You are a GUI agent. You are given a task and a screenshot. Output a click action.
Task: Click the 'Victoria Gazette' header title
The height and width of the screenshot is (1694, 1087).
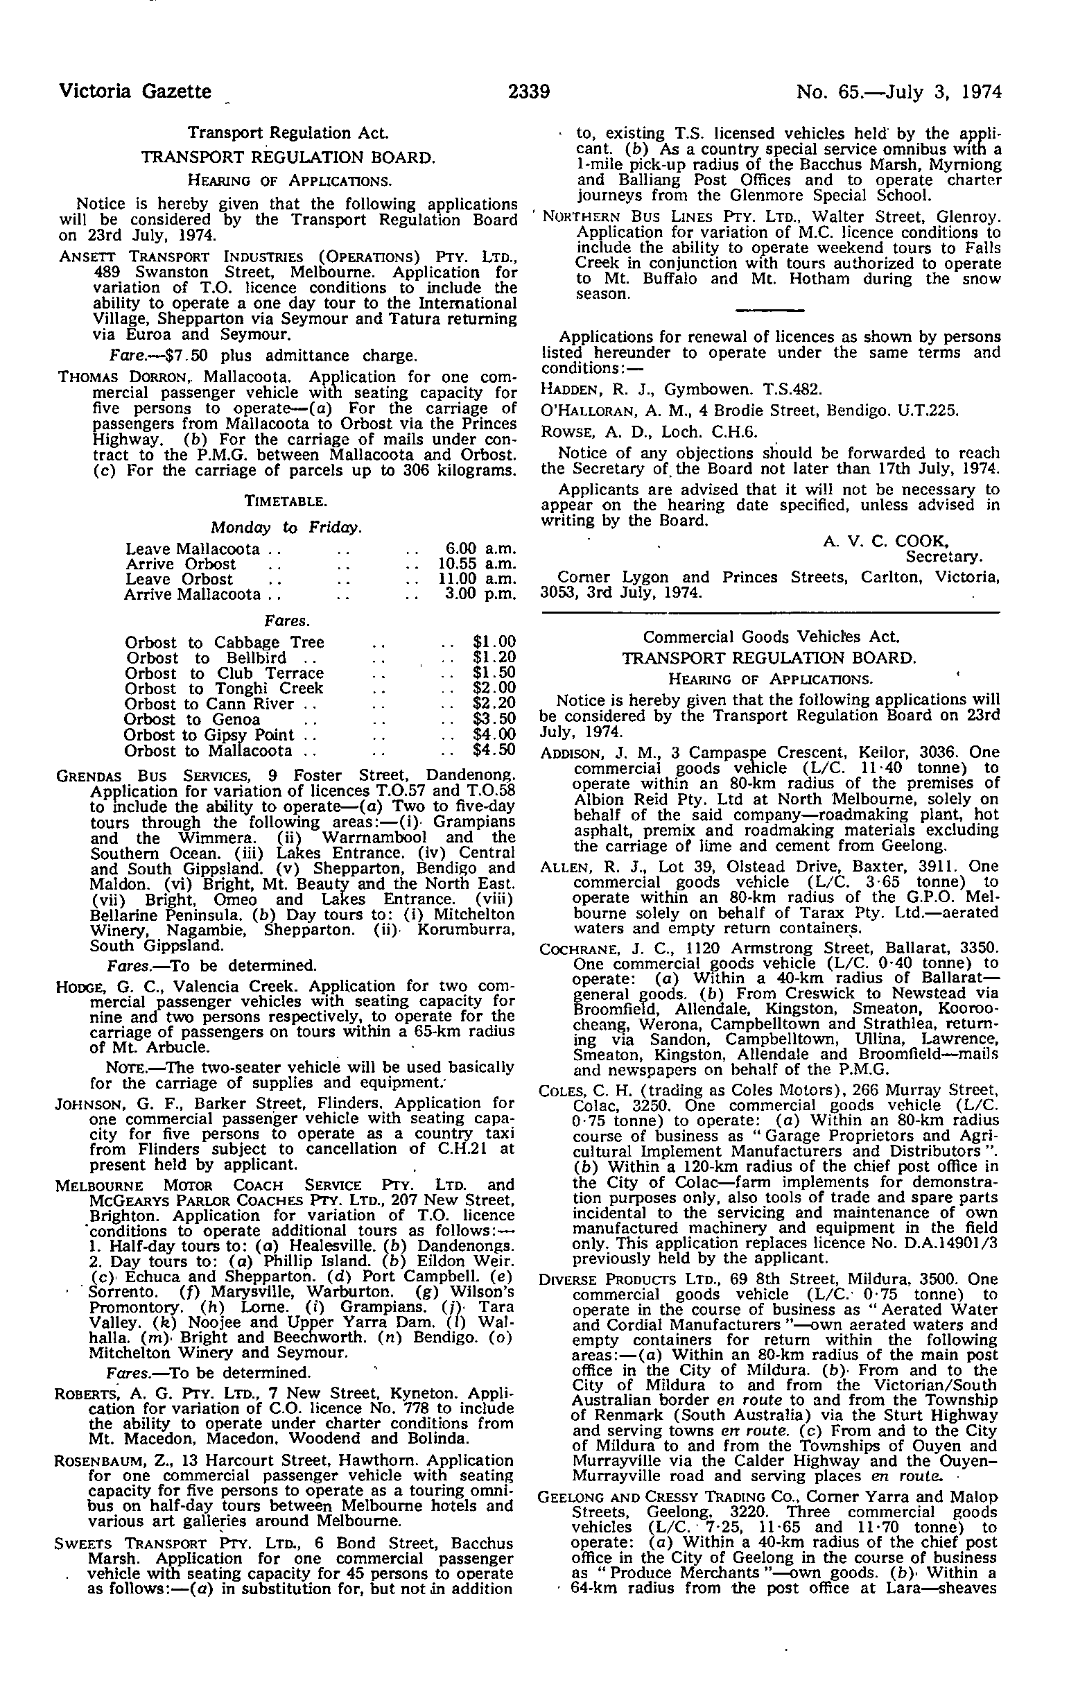[134, 92]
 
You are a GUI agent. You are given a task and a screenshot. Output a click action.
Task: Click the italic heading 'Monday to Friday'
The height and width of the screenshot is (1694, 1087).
[286, 527]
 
